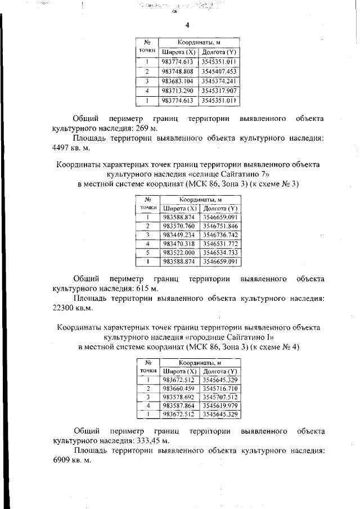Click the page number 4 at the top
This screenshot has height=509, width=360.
coord(187,25)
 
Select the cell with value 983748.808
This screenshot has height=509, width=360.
coord(177,71)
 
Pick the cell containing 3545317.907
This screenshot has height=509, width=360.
coord(219,91)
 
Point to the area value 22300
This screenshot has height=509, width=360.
coord(65,308)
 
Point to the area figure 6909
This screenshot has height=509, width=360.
coord(63,461)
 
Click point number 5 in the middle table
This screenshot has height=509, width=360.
coord(147,253)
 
